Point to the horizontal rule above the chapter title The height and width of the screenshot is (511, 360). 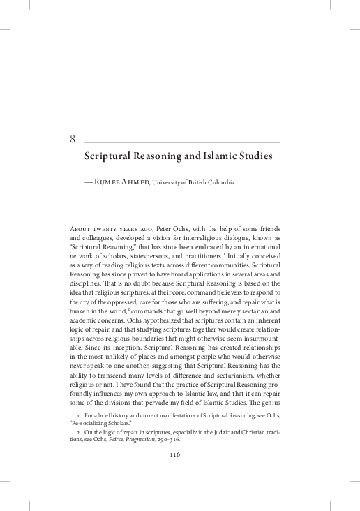pos(182,142)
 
